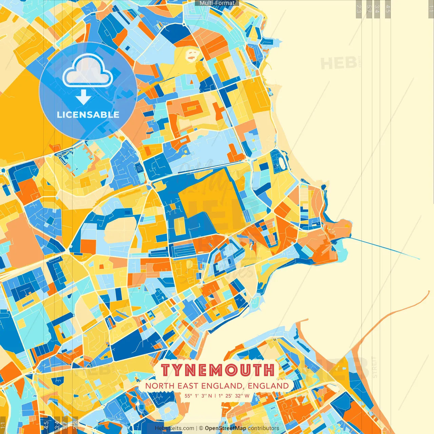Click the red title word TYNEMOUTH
217,370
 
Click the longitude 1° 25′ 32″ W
234,396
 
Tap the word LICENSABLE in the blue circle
88,115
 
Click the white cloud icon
87,71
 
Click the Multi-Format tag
217,3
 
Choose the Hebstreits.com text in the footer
174,428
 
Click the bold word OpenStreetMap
225,428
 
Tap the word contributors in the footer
263,428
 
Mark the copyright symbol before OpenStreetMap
201,428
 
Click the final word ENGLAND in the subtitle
268,386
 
